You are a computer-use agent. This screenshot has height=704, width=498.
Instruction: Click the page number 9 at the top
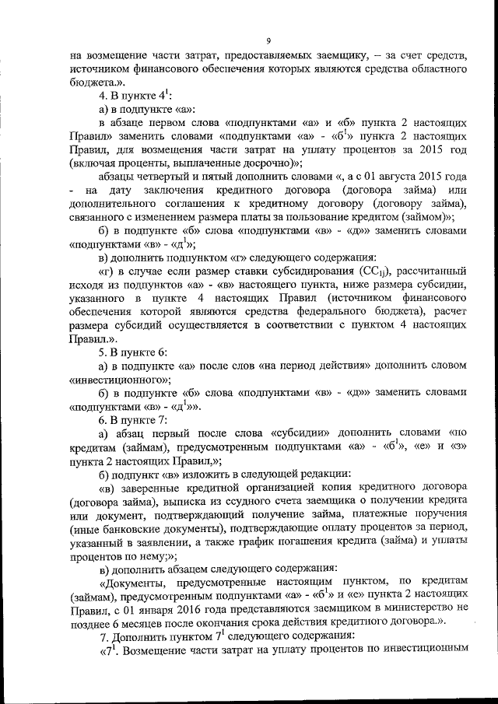tap(267, 40)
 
